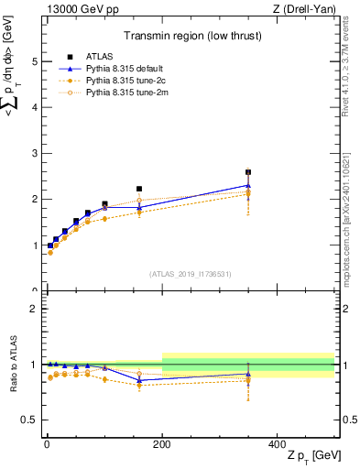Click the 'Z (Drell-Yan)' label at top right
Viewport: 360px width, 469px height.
click(x=306, y=9)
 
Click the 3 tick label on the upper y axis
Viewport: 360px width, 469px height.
click(x=31, y=154)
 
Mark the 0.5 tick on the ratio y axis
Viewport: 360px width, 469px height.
click(x=27, y=420)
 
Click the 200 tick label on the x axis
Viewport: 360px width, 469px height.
click(x=162, y=443)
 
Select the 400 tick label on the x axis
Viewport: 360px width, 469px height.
click(x=278, y=443)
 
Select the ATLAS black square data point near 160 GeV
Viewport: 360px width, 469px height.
click(x=139, y=189)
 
